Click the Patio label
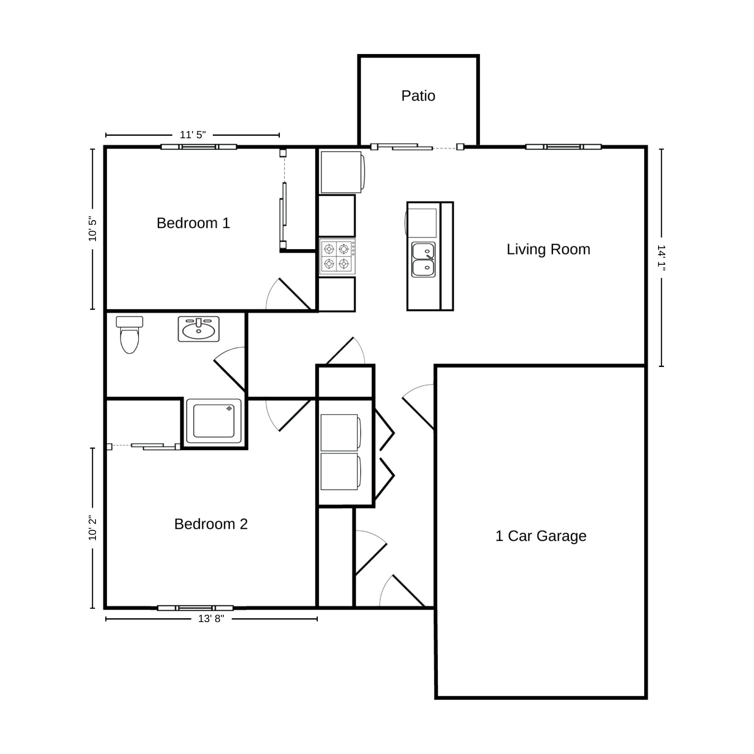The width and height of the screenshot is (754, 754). (418, 96)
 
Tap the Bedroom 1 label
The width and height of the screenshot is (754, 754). (193, 223)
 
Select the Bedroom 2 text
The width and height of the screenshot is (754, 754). (211, 524)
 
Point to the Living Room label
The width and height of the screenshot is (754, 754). (548, 249)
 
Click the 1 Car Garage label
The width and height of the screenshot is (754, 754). (541, 536)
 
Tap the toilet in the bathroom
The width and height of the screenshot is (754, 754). (129, 335)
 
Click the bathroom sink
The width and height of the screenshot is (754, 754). (199, 329)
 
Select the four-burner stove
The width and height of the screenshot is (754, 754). (338, 256)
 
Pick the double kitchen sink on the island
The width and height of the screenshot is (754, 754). (423, 259)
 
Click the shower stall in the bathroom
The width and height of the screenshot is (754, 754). (214, 421)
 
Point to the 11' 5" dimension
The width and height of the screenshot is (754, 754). (193, 135)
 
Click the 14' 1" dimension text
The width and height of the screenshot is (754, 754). (661, 258)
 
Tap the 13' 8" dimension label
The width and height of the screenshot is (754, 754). (211, 619)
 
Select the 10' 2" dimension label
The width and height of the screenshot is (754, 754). (93, 528)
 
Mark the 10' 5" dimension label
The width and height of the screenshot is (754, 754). (93, 229)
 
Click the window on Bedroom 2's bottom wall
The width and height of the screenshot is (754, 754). (195, 608)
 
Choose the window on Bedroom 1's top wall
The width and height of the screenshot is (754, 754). (199, 147)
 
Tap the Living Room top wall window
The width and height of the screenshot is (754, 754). (563, 147)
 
